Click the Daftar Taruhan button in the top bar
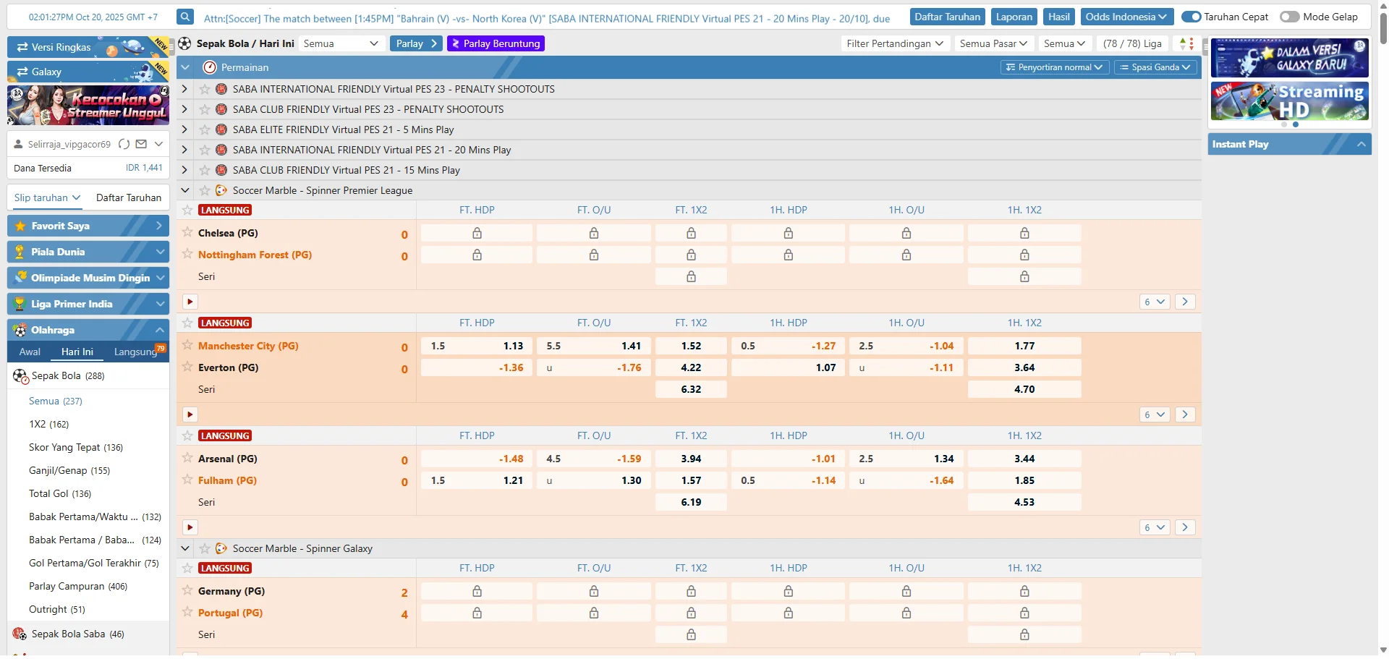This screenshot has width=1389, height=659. [x=947, y=17]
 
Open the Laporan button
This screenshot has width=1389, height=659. [x=1014, y=17]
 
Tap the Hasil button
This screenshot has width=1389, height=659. [x=1058, y=17]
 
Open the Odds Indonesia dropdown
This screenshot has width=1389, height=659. [x=1126, y=17]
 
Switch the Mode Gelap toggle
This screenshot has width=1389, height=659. [x=1289, y=17]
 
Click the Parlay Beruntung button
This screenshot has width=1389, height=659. [x=496, y=43]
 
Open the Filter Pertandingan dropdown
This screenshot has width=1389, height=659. [x=895, y=43]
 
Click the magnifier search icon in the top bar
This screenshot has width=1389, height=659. [x=185, y=17]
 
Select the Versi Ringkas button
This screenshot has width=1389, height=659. [x=61, y=47]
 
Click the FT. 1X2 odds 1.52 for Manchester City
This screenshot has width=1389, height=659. [x=691, y=346]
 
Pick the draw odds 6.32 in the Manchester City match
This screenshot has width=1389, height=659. [x=691, y=389]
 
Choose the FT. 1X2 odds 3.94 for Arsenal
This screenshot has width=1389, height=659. [x=691, y=459]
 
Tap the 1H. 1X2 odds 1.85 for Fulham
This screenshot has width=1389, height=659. [x=1024, y=480]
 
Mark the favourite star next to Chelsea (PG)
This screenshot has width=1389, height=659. [x=187, y=232]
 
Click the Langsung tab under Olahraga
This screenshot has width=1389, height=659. [x=135, y=352]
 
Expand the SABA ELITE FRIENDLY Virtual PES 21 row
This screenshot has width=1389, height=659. [x=184, y=129]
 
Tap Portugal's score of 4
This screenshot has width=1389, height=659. [x=404, y=614]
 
